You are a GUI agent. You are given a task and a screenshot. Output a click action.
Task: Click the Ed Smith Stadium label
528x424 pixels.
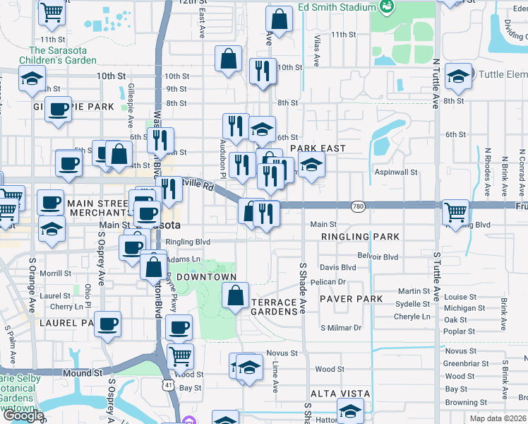pyautogui.click(x=336, y=7)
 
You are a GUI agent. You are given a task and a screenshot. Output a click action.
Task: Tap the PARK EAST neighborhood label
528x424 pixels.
pyautogui.click(x=318, y=148)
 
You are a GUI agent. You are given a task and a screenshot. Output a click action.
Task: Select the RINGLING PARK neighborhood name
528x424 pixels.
pyautogui.click(x=360, y=237)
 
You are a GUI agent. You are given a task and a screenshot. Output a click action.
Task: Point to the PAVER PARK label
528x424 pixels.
pyautogui.click(x=351, y=299)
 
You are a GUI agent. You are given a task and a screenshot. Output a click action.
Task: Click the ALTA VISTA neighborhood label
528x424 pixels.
pyautogui.click(x=337, y=393)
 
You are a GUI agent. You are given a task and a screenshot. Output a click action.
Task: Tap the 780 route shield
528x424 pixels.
pyautogui.click(x=359, y=206)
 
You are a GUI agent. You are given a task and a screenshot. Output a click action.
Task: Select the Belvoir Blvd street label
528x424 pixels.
pyautogui.click(x=378, y=256)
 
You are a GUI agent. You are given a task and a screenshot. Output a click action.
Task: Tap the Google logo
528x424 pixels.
pyautogui.click(x=23, y=415)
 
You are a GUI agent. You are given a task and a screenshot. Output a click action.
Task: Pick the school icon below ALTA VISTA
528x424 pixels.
pyautogui.click(x=351, y=410)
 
